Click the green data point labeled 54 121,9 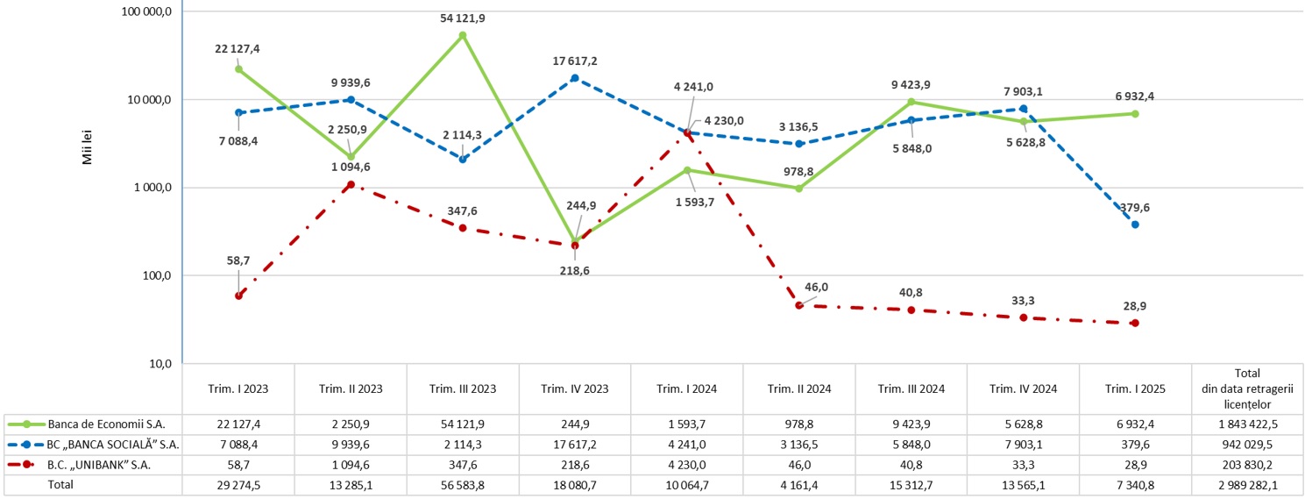pyautogui.click(x=463, y=35)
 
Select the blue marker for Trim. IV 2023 pyautogui.click(x=575, y=78)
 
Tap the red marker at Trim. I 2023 pyautogui.click(x=238, y=296)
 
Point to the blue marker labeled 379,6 pyautogui.click(x=1135, y=225)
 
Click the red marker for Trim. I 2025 pyautogui.click(x=1135, y=323)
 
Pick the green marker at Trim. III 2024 pyautogui.click(x=911, y=102)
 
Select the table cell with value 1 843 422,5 pyautogui.click(x=1245, y=424)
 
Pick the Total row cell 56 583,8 pyautogui.click(x=463, y=483)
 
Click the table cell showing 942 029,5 pyautogui.click(x=1245, y=445)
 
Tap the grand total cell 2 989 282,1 pyautogui.click(x=1245, y=483)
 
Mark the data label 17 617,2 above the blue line pyautogui.click(x=575, y=61)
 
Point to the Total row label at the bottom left pyautogui.click(x=61, y=483)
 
